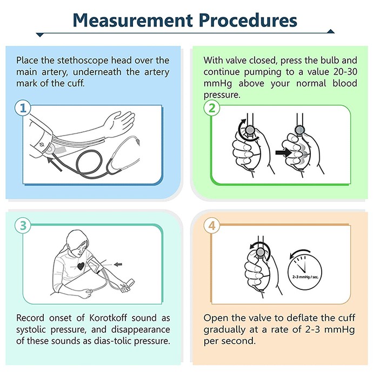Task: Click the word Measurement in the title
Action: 133,21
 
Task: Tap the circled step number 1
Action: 23,108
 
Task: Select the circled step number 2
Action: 211,108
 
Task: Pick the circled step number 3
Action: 23,226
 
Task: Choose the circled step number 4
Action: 211,226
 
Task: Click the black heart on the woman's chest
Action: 81,266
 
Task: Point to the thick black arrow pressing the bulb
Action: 283,152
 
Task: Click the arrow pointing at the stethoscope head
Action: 54,164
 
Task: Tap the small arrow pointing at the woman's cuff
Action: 118,265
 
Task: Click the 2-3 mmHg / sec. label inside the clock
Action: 305,277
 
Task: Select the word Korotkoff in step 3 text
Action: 108,318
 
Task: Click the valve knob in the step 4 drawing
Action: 261,252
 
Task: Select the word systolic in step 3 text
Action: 31,329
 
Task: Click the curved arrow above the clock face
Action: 300,254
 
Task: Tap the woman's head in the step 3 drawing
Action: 77,242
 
